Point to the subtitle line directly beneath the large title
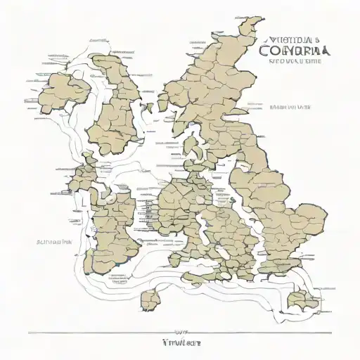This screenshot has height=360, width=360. point(296,62)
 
